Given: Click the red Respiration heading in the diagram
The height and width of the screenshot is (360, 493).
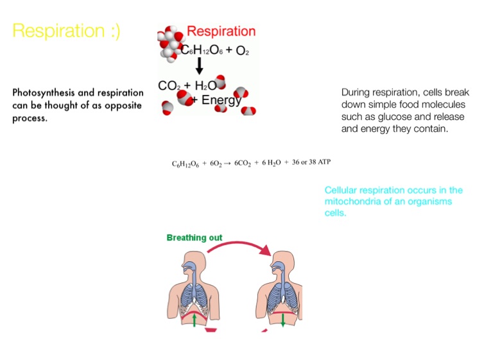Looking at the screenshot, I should pyautogui.click(x=220, y=31).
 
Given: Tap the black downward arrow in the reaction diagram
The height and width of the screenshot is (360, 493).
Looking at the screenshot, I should pyautogui.click(x=199, y=66).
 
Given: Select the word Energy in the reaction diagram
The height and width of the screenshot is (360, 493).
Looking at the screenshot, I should pyautogui.click(x=221, y=100).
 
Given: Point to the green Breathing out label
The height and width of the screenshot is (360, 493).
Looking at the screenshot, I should pyautogui.click(x=195, y=238).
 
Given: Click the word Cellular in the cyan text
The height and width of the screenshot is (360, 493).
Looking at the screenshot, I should pyautogui.click(x=341, y=191).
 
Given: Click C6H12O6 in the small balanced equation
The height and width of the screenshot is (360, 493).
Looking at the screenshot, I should pyautogui.click(x=186, y=164).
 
